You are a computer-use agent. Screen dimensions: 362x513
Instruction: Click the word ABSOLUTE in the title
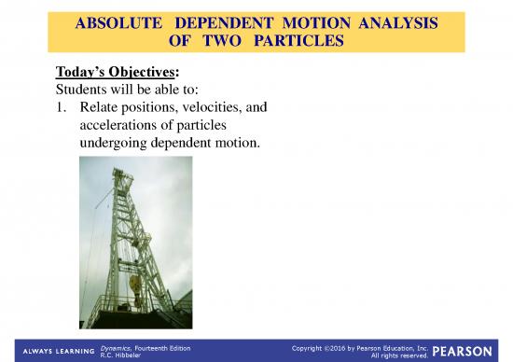[x=118, y=21]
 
